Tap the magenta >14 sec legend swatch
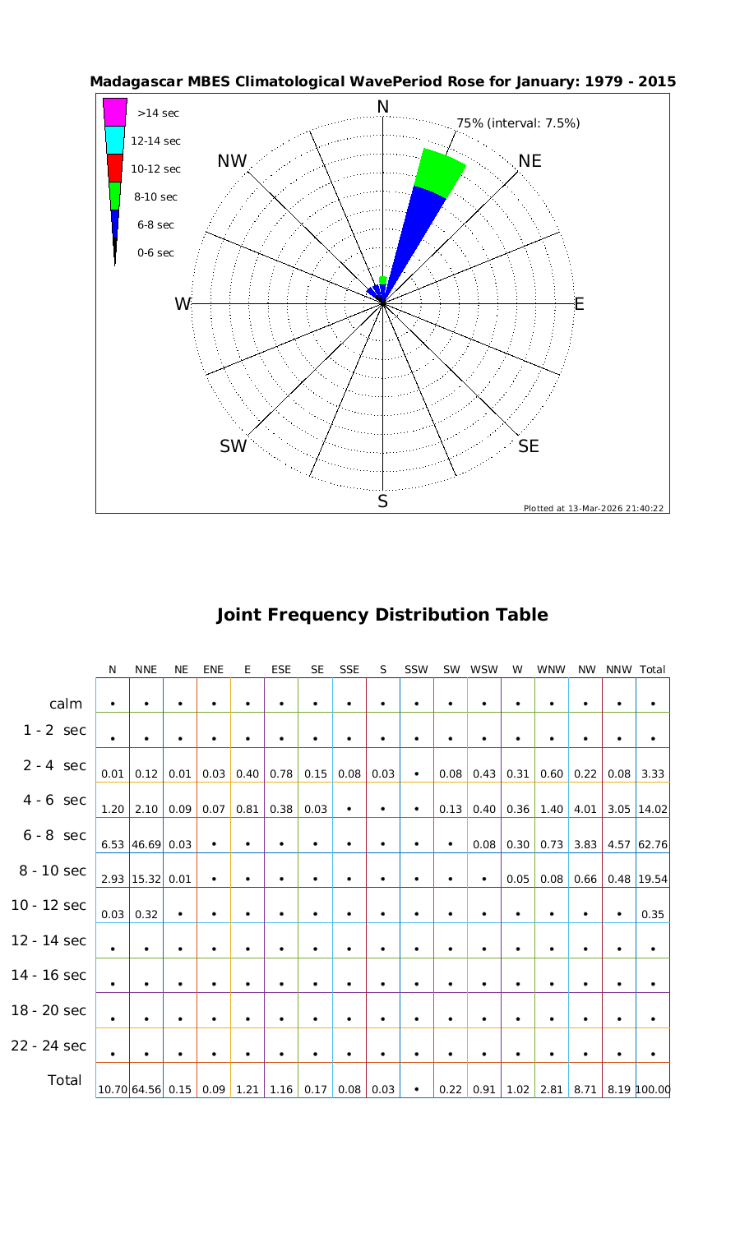pyautogui.click(x=115, y=112)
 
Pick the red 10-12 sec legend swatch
pyautogui.click(x=115, y=168)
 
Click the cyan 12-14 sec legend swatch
pyautogui.click(x=115, y=140)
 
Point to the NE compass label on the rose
pyautogui.click(x=530, y=161)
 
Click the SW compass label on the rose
pyautogui.click(x=234, y=446)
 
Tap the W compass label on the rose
pyautogui.click(x=183, y=304)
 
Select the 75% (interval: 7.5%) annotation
pyautogui.click(x=518, y=123)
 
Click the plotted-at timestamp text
pyautogui.click(x=594, y=508)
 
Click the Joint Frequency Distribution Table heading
pyautogui.click(x=382, y=615)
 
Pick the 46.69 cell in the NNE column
pyautogui.click(x=146, y=844)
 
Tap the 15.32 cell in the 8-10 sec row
pyautogui.click(x=146, y=879)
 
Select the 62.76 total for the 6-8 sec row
pyautogui.click(x=653, y=844)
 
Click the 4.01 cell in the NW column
pyautogui.click(x=585, y=809)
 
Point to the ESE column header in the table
pyautogui.click(x=281, y=669)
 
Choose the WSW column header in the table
pyautogui.click(x=484, y=669)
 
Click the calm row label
pyautogui.click(x=66, y=704)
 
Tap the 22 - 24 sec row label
pyautogui.click(x=49, y=1046)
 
